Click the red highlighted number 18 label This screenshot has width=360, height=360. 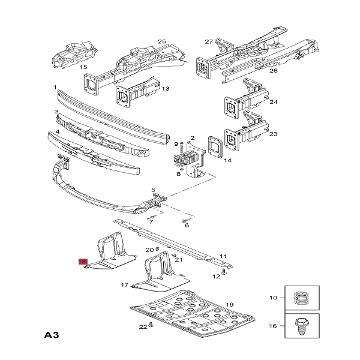point(83,262)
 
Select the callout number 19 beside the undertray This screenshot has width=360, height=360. point(229,304)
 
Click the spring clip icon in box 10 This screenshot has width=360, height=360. point(302,298)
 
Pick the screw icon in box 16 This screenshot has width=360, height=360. point(302,328)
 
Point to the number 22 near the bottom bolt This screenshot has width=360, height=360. point(142,327)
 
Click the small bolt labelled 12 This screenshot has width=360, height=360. point(223,272)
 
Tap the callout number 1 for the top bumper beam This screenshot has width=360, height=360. point(55,88)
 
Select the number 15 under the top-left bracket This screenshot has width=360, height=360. point(83,67)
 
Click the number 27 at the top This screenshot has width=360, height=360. point(209,41)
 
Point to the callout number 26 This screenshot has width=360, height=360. point(274,71)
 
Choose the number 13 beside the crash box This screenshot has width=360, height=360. point(165,89)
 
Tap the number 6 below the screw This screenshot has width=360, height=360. point(187,226)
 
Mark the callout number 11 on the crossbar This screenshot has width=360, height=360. point(223,256)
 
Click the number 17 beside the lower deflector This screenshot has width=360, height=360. point(125,285)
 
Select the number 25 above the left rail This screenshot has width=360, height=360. point(161,41)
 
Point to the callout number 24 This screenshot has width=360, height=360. point(274,102)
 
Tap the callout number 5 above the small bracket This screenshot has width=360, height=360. point(153,189)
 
